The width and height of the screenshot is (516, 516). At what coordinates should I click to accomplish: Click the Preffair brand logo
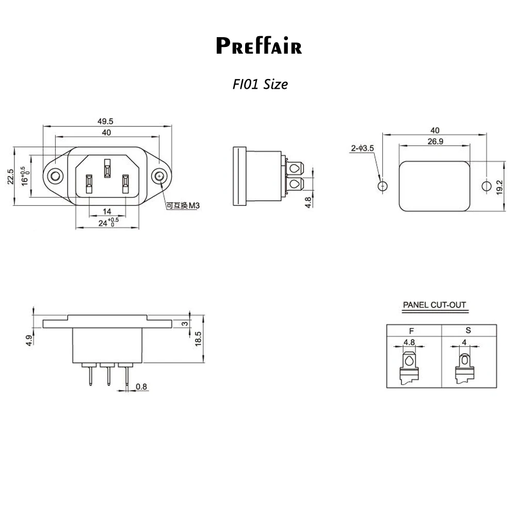[259, 45]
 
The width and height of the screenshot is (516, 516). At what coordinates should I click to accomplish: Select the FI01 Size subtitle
[260, 84]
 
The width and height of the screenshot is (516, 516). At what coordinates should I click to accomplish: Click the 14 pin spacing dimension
[107, 211]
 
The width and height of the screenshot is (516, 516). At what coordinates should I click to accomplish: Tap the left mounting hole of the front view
[54, 177]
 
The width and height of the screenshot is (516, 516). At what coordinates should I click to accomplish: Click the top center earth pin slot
[107, 168]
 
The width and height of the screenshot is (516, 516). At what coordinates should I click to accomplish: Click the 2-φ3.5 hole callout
[362, 149]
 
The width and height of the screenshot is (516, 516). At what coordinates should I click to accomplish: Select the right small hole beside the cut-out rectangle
[486, 186]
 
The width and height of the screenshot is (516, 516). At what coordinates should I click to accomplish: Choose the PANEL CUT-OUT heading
[434, 305]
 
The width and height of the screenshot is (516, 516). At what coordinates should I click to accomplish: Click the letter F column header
[411, 330]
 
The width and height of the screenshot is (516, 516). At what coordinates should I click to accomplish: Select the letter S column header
[468, 330]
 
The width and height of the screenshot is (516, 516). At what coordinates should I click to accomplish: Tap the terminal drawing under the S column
[465, 367]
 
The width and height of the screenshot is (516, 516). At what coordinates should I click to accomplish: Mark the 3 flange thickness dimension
[184, 324]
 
